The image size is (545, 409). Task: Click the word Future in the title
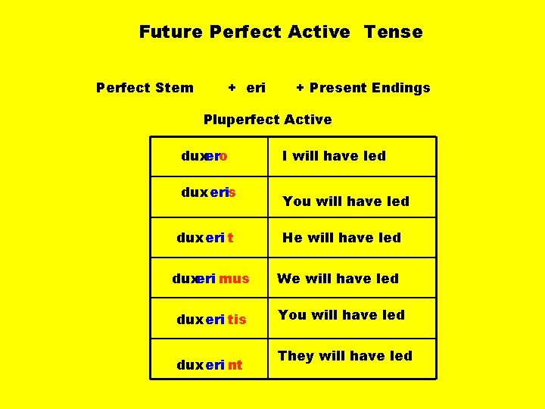tap(170, 32)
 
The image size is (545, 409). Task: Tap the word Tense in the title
tap(393, 32)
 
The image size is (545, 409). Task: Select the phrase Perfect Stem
tap(145, 88)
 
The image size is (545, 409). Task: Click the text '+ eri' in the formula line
tap(247, 88)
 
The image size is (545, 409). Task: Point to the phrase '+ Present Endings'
tap(363, 88)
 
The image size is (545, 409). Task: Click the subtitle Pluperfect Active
tap(267, 120)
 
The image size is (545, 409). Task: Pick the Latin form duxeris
tap(208, 192)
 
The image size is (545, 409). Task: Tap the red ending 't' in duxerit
tap(230, 238)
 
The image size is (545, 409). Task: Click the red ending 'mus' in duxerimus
tap(234, 279)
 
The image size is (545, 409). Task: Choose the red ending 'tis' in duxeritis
tap(237, 320)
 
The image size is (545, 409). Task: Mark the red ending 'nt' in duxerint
tap(235, 365)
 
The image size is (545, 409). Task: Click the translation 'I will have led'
tap(334, 156)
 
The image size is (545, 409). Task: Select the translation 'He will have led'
tap(341, 238)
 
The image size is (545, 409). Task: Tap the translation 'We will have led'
tap(338, 279)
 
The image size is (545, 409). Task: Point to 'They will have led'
tap(344, 356)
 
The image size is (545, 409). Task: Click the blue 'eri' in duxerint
tap(214, 365)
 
